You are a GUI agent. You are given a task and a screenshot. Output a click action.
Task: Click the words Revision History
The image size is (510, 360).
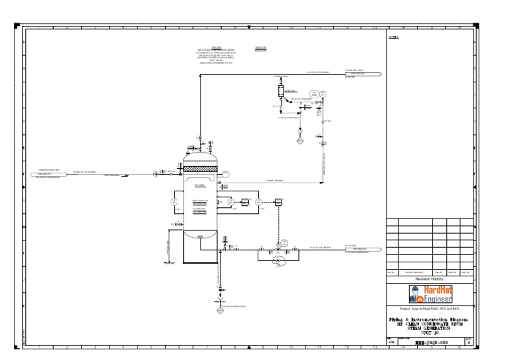tap(430, 280)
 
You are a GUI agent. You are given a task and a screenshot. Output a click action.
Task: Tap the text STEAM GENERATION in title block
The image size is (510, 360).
tap(432, 327)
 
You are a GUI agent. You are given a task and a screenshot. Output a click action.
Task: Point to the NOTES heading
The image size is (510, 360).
tap(393, 38)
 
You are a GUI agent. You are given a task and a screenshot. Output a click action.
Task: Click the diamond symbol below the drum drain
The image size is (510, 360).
tap(220, 310)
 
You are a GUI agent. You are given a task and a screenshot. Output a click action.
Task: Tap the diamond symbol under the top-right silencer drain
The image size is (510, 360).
tap(300, 141)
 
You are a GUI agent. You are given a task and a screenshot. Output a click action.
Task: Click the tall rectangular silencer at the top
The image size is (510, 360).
tap(280, 91)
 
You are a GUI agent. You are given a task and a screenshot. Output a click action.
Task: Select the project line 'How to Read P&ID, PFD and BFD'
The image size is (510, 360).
tap(430, 310)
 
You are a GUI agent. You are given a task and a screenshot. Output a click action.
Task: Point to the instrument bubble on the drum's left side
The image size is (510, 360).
tap(174, 202)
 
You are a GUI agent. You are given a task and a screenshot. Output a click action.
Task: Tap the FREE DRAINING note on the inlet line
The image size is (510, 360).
tap(111, 175)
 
